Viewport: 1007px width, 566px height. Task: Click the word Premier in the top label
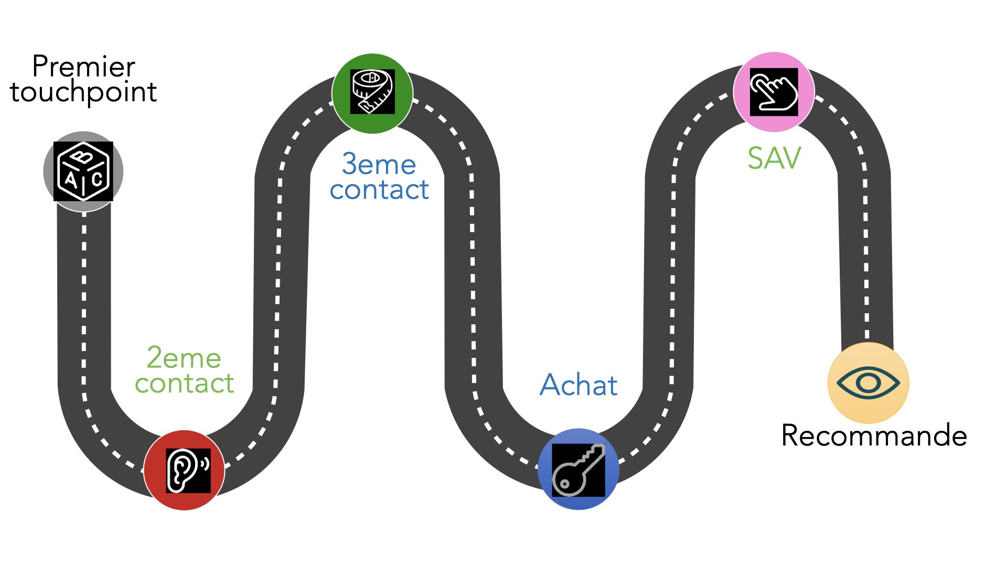coord(83,67)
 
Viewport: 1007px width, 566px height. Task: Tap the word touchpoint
coord(83,93)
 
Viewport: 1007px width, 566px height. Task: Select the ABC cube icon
coord(83,171)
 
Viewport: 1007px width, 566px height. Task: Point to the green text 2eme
coord(184,358)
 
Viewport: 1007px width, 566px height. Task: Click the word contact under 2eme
coord(184,384)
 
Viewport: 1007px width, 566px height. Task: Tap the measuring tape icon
coord(372,92)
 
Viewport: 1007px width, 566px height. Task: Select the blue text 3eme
coord(379,165)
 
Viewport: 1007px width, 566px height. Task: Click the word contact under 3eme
coord(379,190)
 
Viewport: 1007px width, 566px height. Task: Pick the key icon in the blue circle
coord(578,470)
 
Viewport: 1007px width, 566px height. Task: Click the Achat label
coord(579,385)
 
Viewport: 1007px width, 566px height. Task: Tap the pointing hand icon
coord(774,92)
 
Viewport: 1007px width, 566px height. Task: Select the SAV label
coord(774,158)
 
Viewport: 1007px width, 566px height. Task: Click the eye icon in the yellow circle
coord(868,383)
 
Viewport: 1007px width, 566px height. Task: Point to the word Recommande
coord(874,436)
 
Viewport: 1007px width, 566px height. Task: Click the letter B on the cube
coord(82,157)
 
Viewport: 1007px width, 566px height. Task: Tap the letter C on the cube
coord(97,179)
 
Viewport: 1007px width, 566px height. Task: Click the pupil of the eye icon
coord(868,383)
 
